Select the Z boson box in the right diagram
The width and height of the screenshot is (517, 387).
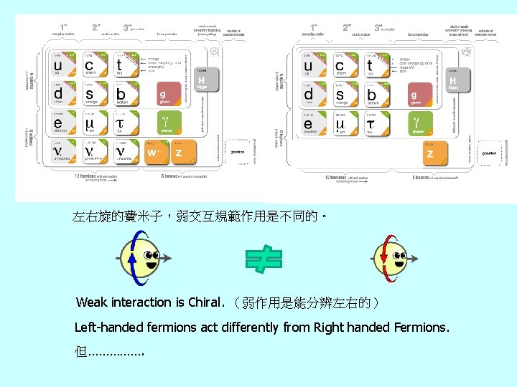pyautogui.click(x=435, y=152)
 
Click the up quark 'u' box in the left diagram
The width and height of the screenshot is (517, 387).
pyautogui.click(x=60, y=65)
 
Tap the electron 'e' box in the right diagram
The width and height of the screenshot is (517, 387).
pyautogui.click(x=310, y=124)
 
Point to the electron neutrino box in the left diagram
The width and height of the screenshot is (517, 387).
pyautogui.click(x=60, y=152)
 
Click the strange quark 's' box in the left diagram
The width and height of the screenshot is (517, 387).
pyautogui.click(x=91, y=95)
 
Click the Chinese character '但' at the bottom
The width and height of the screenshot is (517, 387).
pyautogui.click(x=80, y=353)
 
